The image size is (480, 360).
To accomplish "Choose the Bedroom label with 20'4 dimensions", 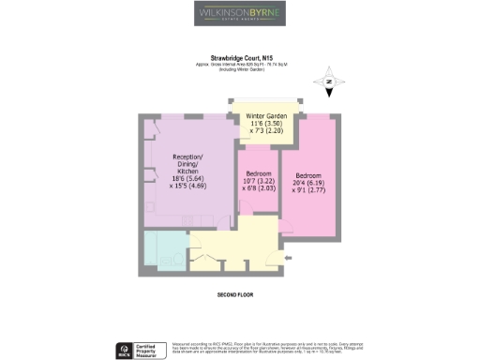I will pos(308,175).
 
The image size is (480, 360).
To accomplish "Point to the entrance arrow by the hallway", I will pos(277,257).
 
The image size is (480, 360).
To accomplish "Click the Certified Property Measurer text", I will pos(149,349).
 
